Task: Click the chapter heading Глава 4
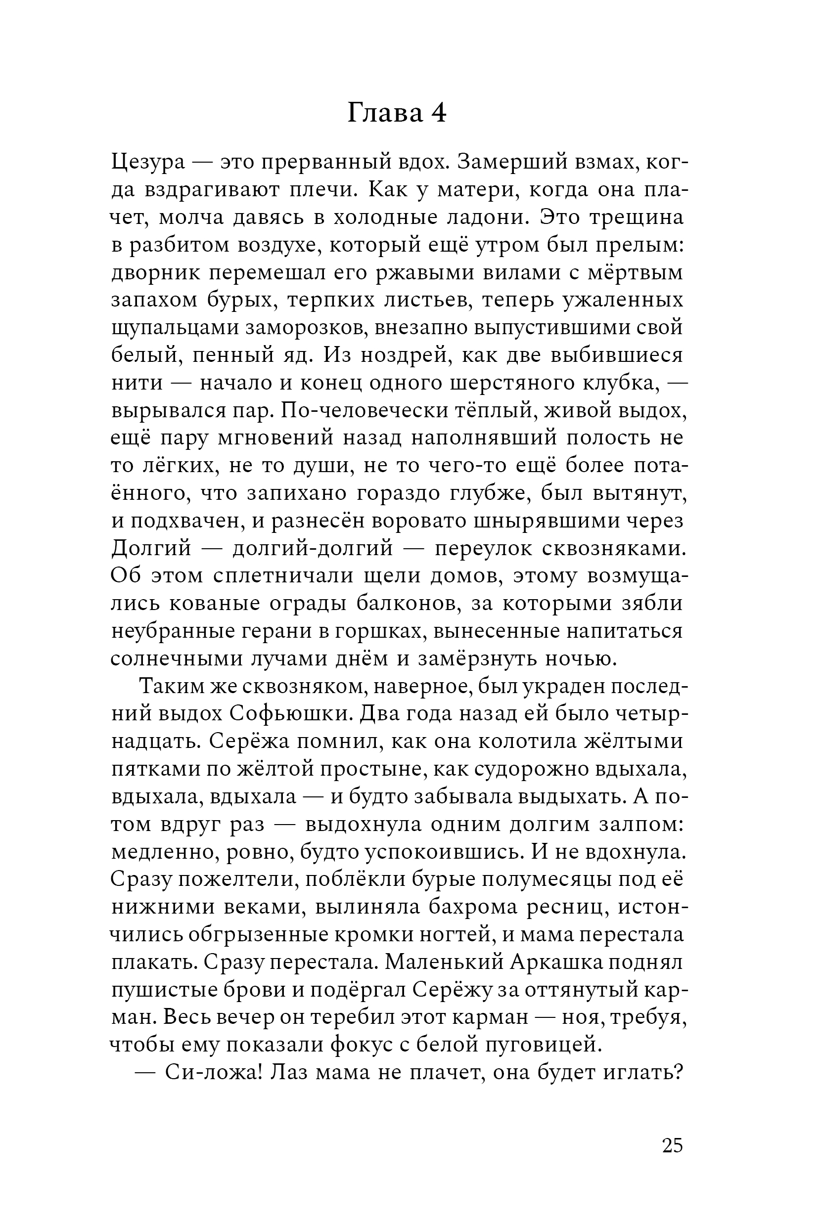click(397, 114)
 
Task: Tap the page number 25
click(672, 1145)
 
